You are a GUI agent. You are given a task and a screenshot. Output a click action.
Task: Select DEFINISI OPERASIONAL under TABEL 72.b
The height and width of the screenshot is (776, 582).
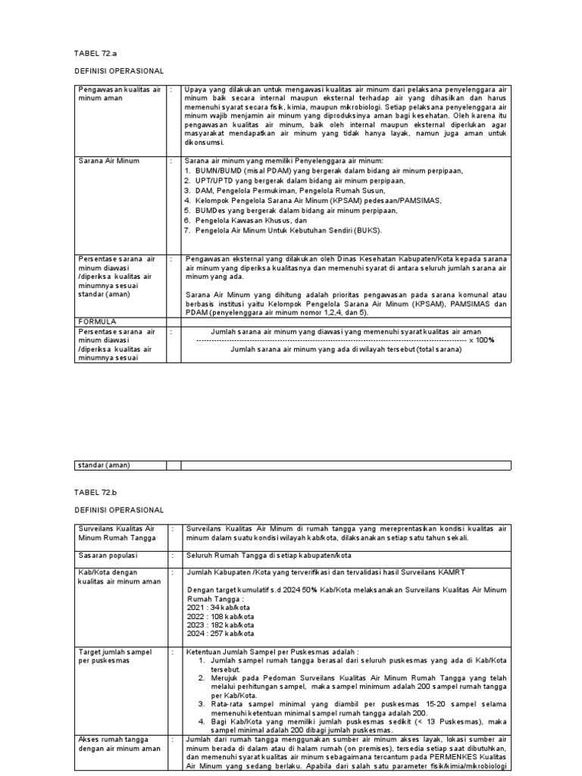[119, 510]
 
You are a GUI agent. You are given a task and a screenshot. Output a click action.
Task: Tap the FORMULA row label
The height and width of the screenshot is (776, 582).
[97, 321]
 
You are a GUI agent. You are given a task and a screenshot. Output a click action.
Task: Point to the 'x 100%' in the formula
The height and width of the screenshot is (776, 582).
[481, 340]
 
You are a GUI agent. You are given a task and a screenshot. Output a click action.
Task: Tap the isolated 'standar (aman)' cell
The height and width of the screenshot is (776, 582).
[105, 465]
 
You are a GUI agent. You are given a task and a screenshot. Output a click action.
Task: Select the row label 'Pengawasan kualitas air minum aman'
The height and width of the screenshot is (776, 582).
[120, 94]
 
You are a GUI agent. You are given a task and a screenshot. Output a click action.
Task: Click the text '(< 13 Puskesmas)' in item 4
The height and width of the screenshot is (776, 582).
[438, 721]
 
